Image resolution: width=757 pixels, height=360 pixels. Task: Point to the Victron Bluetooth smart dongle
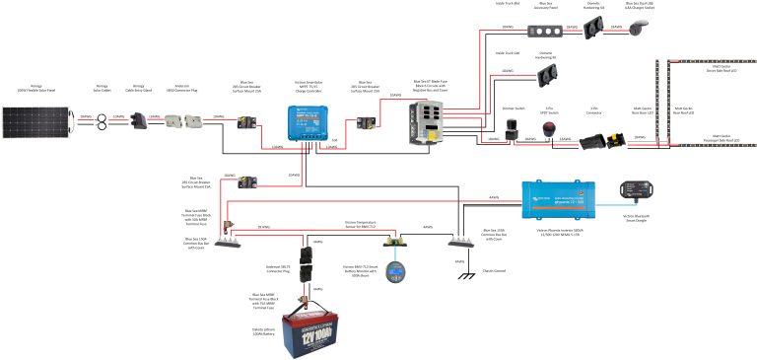tap(633, 188)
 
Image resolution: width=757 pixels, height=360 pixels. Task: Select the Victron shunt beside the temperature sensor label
tap(398, 240)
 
